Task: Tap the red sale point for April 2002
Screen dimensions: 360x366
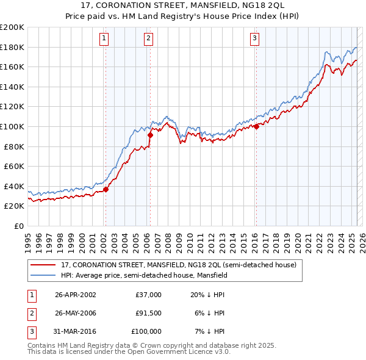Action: (106, 189)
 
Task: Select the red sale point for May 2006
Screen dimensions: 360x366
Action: (150, 134)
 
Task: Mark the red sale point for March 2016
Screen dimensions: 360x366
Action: (256, 126)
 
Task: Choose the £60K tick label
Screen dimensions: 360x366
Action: (15, 166)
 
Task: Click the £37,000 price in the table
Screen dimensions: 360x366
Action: (149, 295)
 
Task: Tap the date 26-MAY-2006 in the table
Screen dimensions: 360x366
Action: (76, 313)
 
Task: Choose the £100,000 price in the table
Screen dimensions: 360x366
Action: (147, 331)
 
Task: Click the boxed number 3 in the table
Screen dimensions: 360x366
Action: (30, 331)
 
